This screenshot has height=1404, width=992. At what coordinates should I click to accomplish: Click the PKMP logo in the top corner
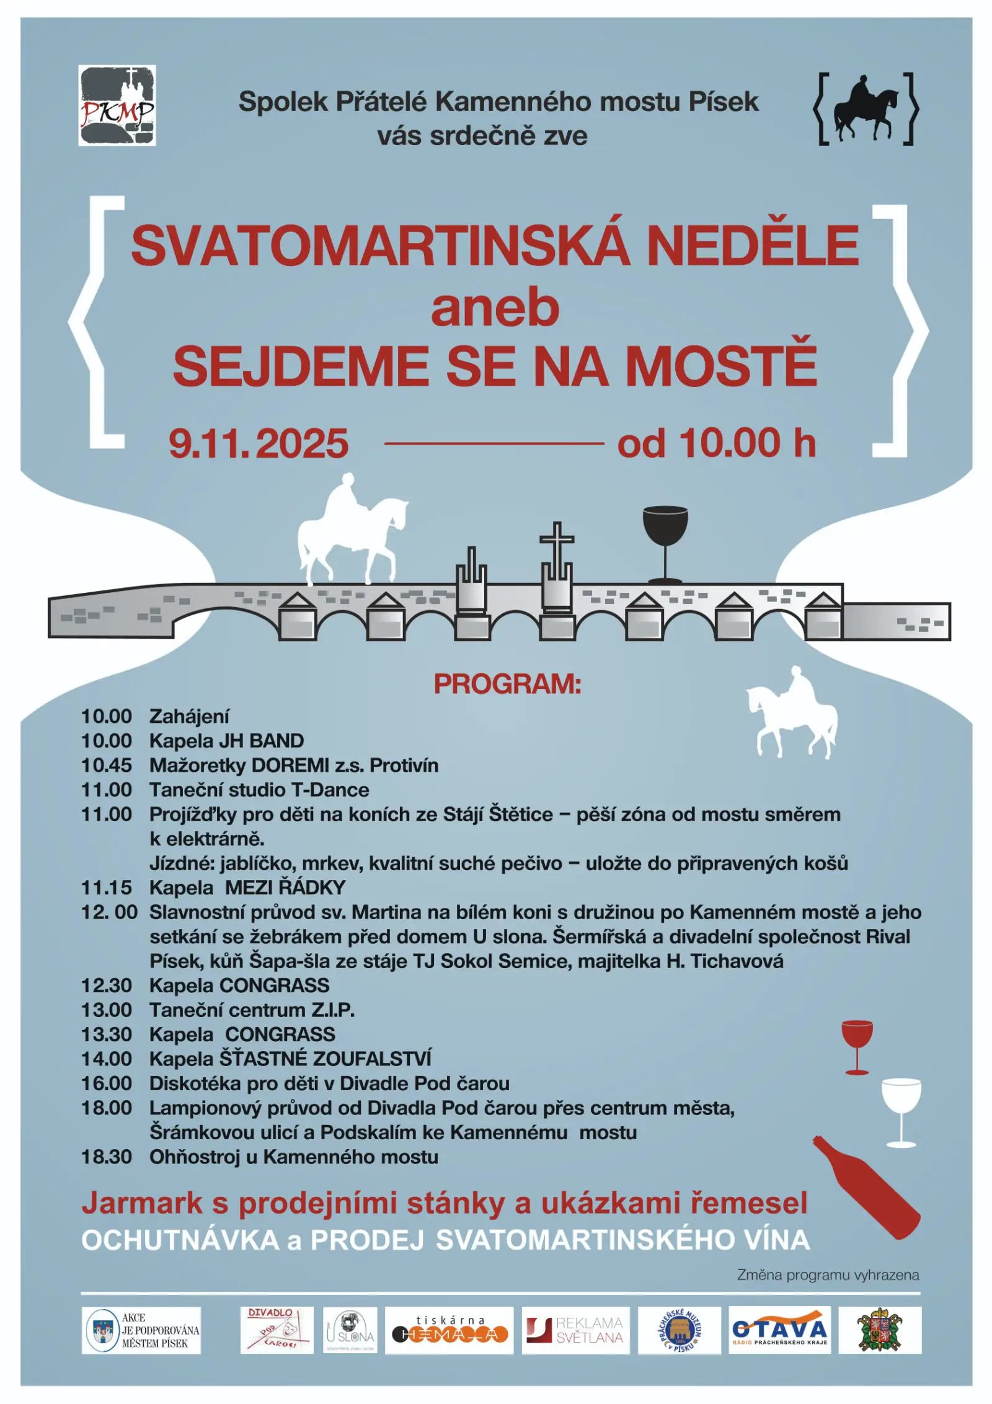(x=117, y=105)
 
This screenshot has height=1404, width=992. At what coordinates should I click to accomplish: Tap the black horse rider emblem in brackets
(x=866, y=109)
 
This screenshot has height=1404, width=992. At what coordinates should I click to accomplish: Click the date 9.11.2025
(x=259, y=444)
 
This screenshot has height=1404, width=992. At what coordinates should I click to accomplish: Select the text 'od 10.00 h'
(x=716, y=443)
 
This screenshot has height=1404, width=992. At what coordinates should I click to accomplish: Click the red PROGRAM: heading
(x=507, y=684)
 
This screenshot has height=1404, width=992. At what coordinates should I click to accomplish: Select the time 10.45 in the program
(x=107, y=765)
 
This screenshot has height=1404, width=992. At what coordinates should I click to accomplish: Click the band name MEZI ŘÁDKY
(x=285, y=887)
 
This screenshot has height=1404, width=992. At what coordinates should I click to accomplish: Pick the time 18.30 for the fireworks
(x=107, y=1157)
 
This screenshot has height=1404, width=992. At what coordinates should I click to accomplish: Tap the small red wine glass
(x=857, y=1046)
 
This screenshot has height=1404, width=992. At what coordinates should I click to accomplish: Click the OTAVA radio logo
(x=779, y=1330)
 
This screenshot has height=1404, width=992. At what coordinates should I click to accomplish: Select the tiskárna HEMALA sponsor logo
(x=449, y=1330)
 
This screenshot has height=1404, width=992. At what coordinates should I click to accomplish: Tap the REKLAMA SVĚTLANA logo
(x=575, y=1330)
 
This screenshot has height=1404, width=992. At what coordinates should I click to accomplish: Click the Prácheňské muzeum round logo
(x=680, y=1330)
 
